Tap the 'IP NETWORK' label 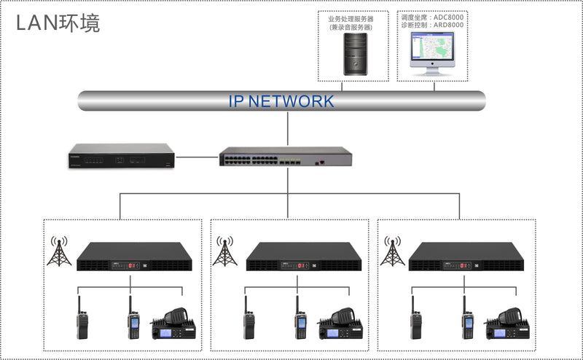(281, 101)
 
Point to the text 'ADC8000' (450, 16)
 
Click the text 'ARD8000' (450, 26)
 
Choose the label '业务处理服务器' (351, 19)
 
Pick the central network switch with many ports (285, 156)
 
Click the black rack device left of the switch (121, 155)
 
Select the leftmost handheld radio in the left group (82, 321)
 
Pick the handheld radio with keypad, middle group (300, 321)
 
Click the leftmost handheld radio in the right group (415, 321)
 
